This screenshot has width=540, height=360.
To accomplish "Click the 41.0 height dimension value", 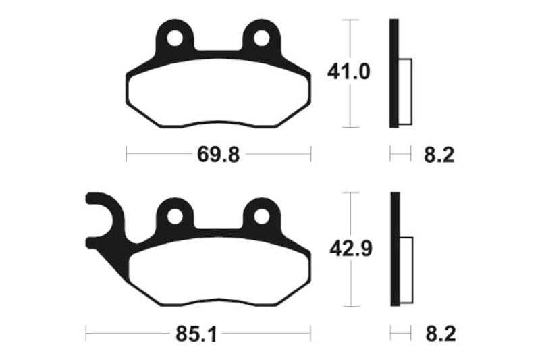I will (x=349, y=72).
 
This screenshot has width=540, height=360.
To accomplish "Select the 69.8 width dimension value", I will (x=218, y=155).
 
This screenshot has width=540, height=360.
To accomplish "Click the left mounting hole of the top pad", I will (x=175, y=38).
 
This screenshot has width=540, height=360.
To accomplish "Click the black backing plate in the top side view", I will (x=394, y=73).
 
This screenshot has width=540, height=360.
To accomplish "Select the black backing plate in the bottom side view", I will (x=395, y=250).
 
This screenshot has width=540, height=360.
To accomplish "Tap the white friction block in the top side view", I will (x=406, y=92).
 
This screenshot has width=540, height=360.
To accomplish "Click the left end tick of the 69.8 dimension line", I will (x=127, y=155).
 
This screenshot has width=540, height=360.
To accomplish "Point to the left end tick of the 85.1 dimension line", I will (x=86, y=333).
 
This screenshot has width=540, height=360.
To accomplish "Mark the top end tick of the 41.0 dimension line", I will (x=349, y=20).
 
